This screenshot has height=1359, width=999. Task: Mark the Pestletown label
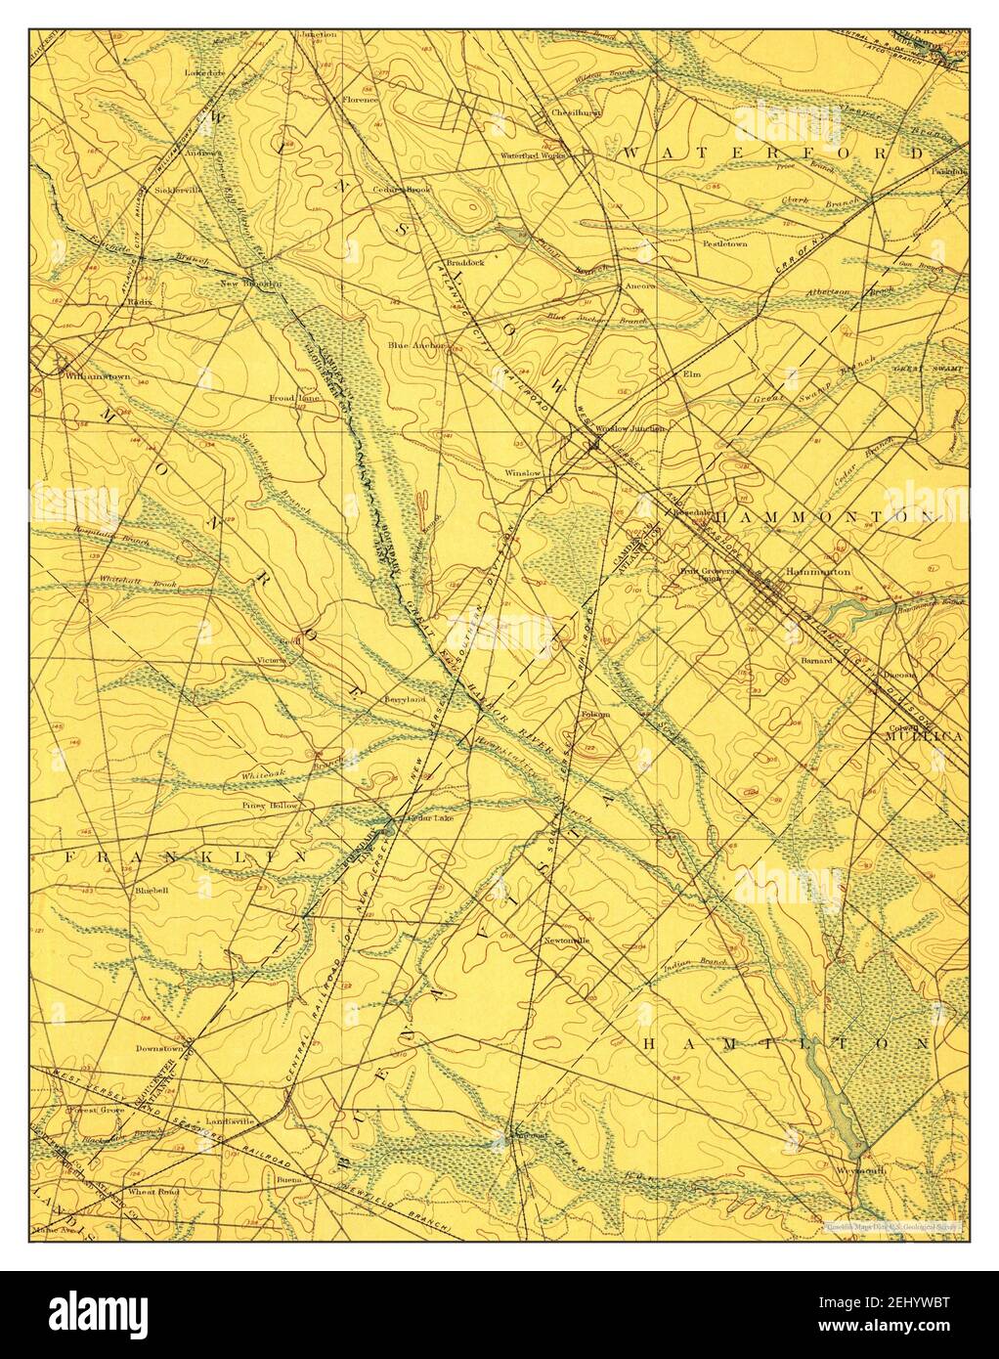pos(724,242)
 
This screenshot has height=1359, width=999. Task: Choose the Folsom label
pos(595,714)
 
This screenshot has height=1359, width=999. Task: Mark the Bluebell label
pos(152,891)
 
